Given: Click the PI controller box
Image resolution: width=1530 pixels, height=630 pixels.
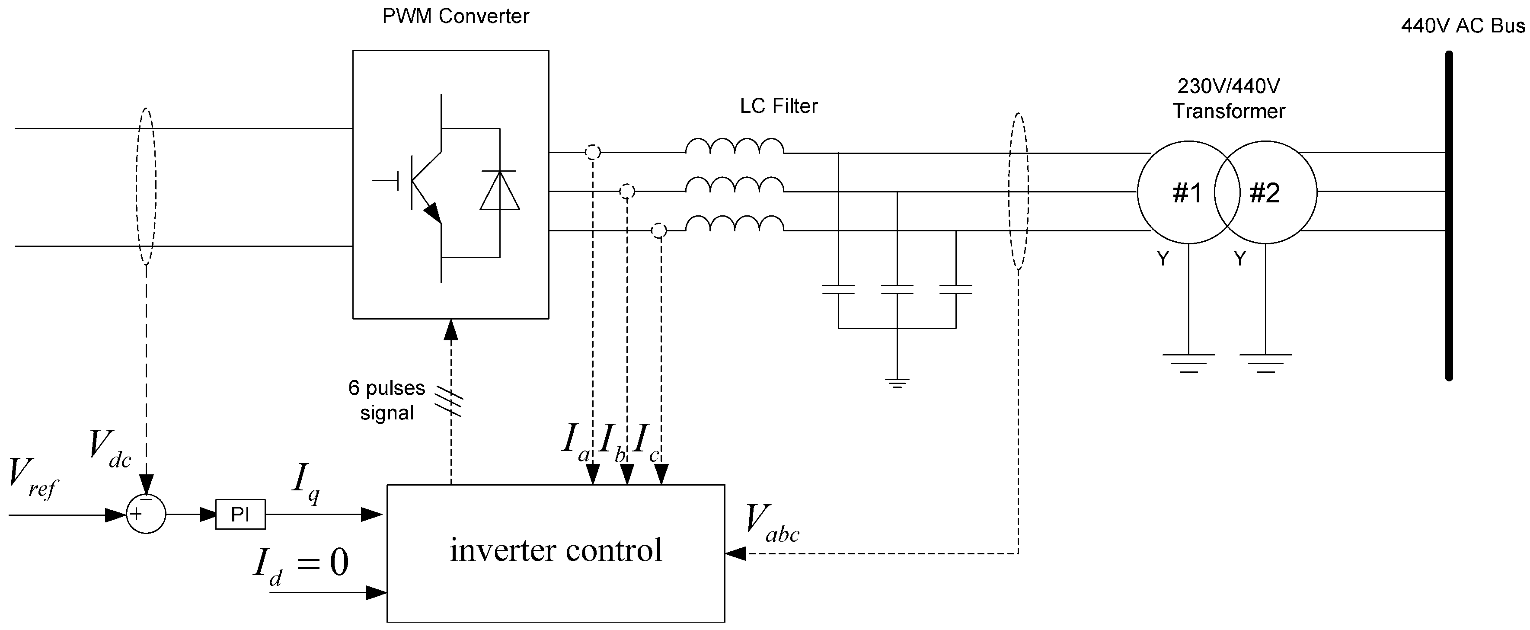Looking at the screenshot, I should coord(240,514).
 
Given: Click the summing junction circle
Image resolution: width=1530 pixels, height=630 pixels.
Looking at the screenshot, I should coord(146,514).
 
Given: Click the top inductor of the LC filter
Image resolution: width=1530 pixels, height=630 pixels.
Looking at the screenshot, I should coord(735,147).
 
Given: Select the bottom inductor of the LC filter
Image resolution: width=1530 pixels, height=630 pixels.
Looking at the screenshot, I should coord(735,224).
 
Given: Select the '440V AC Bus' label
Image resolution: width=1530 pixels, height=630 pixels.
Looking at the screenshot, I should coord(1462,26).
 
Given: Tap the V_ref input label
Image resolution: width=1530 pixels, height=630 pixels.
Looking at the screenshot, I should coord(33,477).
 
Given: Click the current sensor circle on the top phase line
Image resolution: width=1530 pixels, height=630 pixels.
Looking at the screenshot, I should coord(592,153).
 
